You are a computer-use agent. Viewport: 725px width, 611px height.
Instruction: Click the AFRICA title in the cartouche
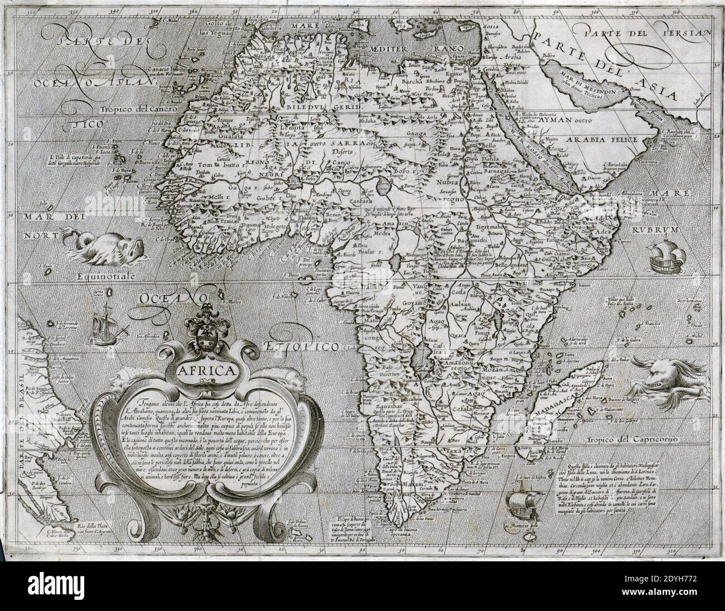click(x=206, y=371)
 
